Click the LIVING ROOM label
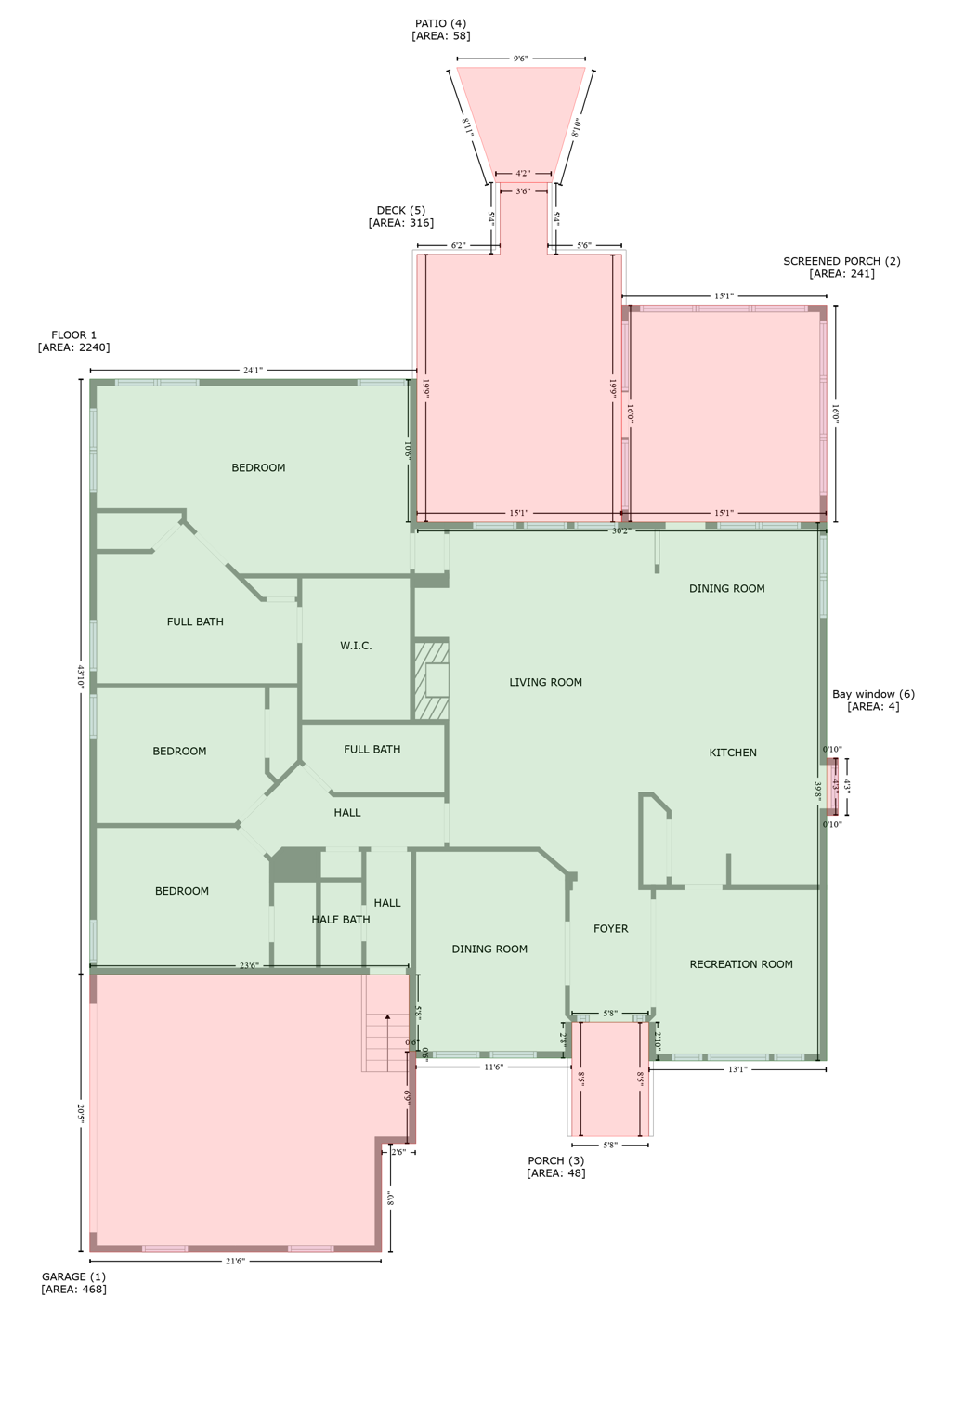point(545,682)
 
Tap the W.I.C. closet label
point(356,646)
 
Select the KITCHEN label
point(733,753)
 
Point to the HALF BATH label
point(341,920)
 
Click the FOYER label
point(610,929)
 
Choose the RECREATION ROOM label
point(741,964)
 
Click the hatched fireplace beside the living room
point(432,680)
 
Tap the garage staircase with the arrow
point(385,1041)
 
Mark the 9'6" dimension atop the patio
point(520,59)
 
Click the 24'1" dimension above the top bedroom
point(253,371)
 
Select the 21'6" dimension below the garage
point(235,1261)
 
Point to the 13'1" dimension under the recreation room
point(737,1069)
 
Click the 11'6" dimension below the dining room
point(493,1067)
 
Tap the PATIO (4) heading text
point(440,23)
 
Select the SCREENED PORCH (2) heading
point(841,261)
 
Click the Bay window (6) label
point(873,694)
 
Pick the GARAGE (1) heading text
point(73,1276)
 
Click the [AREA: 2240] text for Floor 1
point(73,347)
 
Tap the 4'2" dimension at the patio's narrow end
point(523,174)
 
